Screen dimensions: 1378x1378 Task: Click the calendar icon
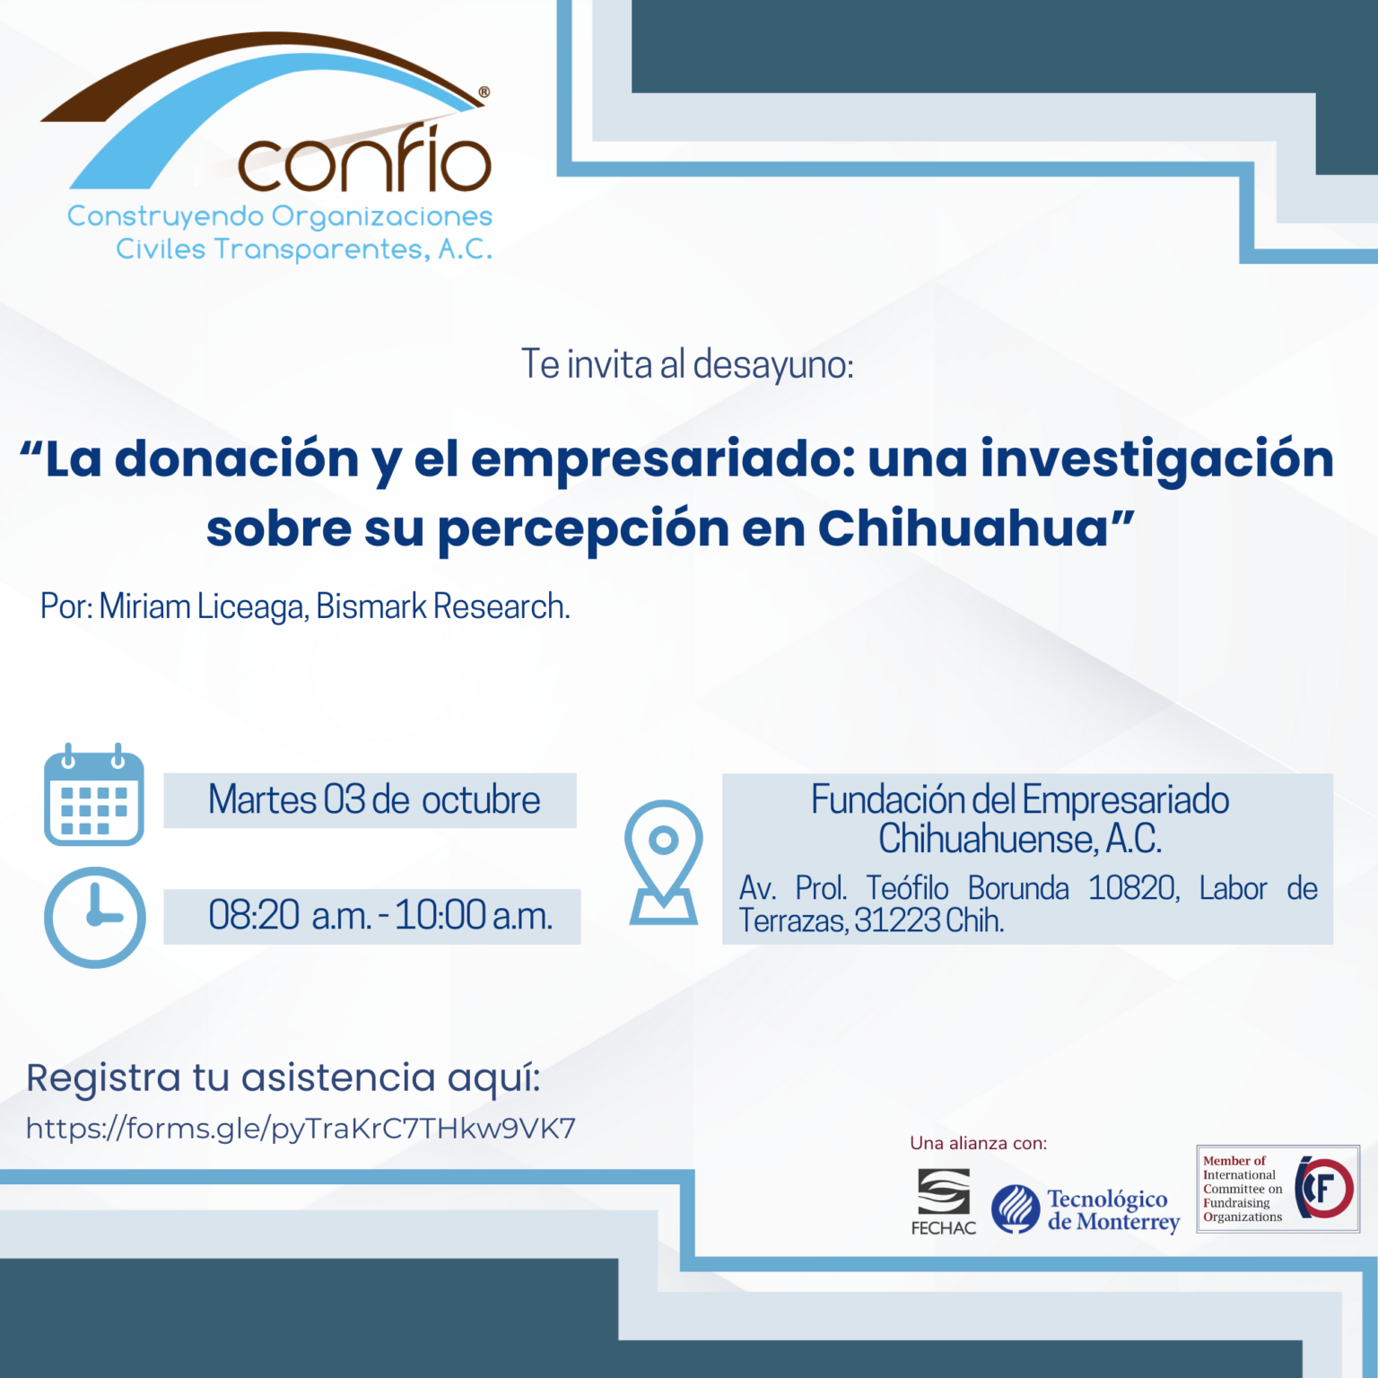click(94, 795)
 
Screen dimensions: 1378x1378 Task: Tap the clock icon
click(94, 917)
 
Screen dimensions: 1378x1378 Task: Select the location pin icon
click(664, 862)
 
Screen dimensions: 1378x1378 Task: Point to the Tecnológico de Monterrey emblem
click(1016, 1209)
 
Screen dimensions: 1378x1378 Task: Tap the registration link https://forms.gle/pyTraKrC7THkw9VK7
click(301, 1129)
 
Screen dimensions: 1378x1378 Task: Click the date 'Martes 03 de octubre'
click(374, 799)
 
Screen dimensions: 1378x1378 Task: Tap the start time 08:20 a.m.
click(290, 915)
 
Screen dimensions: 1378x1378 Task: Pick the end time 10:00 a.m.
click(474, 915)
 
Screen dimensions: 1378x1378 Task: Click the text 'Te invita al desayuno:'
click(687, 364)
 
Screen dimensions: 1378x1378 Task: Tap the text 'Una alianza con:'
click(979, 1143)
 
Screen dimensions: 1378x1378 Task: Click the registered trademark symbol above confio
click(484, 92)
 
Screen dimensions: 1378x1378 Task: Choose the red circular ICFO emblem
click(1325, 1188)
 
